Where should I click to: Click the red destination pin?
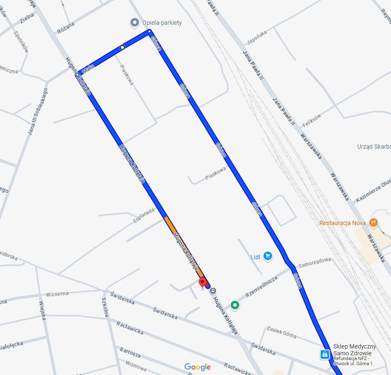[203, 282]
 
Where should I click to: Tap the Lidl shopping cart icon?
[268, 256]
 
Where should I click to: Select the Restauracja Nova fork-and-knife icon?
[374, 223]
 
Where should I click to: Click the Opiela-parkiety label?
[162, 23]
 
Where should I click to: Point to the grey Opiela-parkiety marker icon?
[135, 22]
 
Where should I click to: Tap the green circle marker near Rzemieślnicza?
[235, 305]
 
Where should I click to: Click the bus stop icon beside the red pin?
[213, 290]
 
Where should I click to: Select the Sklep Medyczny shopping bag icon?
[325, 354]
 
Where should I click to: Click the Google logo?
[197, 367]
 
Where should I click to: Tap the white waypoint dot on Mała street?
[122, 47]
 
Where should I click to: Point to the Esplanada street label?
[144, 215]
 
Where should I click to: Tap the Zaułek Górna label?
[281, 332]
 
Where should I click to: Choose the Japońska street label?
[257, 38]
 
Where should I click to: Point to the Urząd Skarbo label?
[374, 147]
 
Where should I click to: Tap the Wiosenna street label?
[57, 294]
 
